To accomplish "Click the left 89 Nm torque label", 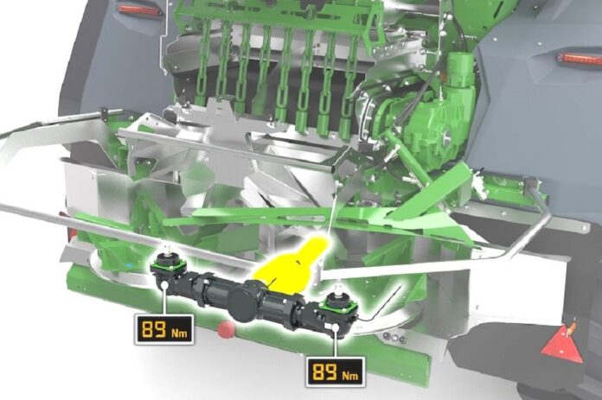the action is pyautogui.click(x=164, y=329).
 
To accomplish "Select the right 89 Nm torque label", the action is pyautogui.click(x=336, y=371).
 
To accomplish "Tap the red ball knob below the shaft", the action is pyautogui.click(x=226, y=330).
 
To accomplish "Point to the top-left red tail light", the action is pyautogui.click(x=140, y=10).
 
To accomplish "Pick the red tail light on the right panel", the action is pyautogui.click(x=580, y=59).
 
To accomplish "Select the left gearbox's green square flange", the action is pyautogui.click(x=169, y=264).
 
